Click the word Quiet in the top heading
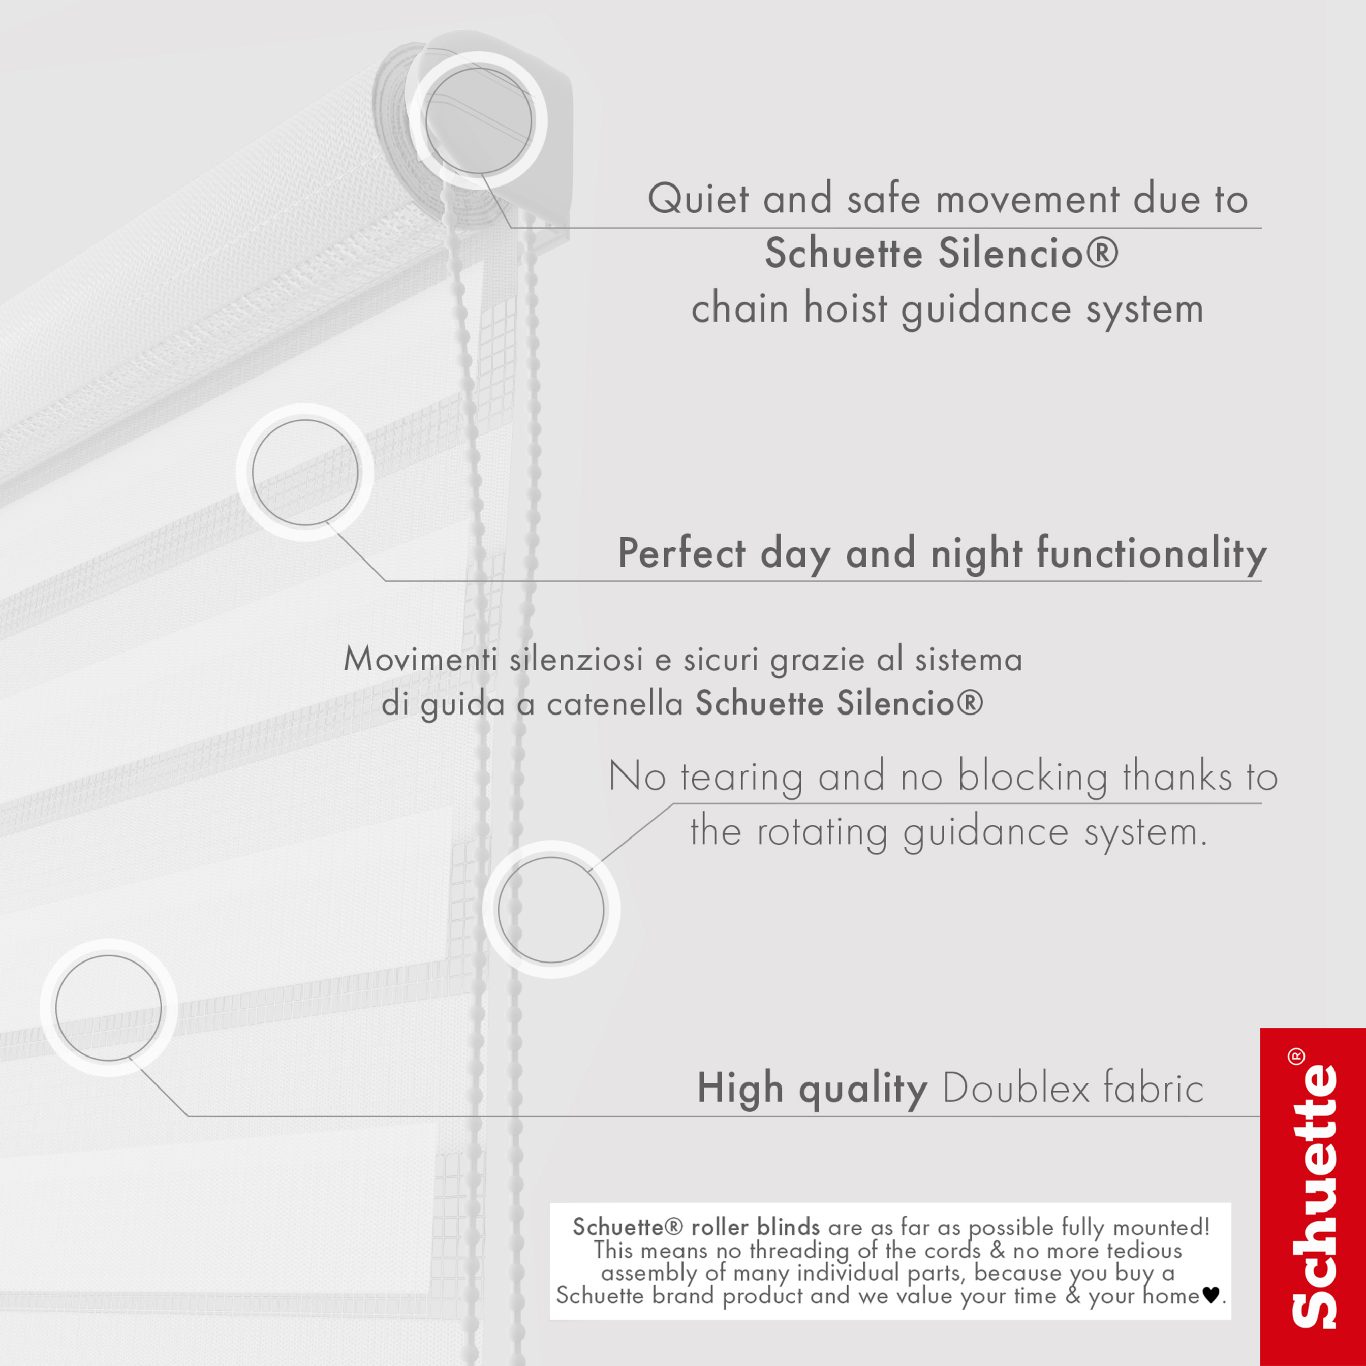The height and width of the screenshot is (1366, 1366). click(698, 199)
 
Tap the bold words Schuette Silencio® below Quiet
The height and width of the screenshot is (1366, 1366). click(942, 253)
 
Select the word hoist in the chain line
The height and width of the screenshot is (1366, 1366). click(845, 309)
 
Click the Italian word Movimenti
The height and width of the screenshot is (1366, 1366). click(423, 660)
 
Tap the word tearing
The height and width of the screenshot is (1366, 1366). click(741, 777)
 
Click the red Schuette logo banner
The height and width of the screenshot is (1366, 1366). click(1313, 1196)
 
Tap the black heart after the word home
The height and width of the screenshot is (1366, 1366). click(1211, 1295)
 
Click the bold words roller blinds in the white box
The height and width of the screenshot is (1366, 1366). click(755, 1227)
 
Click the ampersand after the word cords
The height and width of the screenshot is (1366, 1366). click(998, 1250)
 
